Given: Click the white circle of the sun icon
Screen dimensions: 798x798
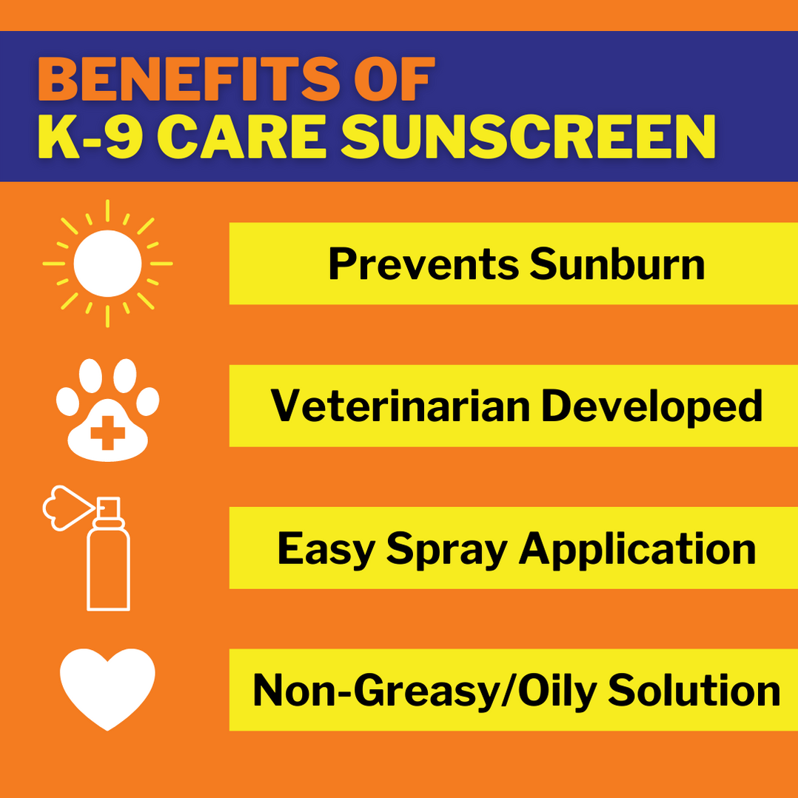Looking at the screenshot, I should pos(107,263).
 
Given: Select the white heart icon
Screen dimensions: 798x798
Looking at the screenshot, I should pos(107,688).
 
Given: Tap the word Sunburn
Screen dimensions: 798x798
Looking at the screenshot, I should pos(617,264).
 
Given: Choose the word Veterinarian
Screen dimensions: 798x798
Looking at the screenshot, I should pos(400,406).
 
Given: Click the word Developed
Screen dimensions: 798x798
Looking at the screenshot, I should pos(652,406).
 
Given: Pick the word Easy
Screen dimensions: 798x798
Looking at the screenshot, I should pos(326,549).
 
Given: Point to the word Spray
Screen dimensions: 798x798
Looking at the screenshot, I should pos(448,550).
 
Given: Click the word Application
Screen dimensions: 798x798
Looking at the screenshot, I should pos(637,550).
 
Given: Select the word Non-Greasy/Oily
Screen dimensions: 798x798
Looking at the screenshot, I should pos(425,691).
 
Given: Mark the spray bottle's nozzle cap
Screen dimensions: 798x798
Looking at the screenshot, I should pos(109,509).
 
